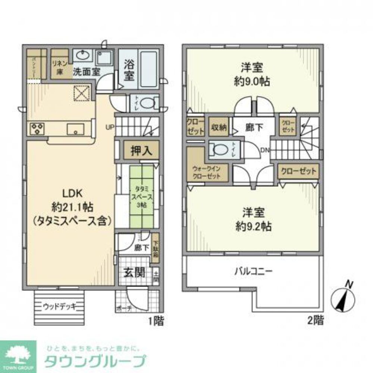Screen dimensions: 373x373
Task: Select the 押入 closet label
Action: [141, 150]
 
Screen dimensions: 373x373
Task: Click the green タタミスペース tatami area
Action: [141, 197]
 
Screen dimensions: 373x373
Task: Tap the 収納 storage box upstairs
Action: [218, 127]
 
